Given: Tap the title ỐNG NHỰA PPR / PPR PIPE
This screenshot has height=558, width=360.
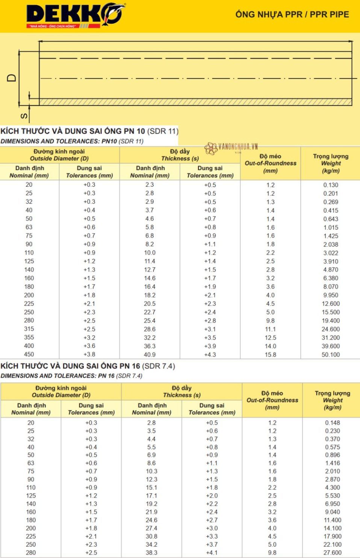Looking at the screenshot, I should click(x=292, y=14).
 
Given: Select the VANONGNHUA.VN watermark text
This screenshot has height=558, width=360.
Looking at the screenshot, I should click(x=238, y=147).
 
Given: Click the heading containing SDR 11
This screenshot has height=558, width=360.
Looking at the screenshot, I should click(x=89, y=131).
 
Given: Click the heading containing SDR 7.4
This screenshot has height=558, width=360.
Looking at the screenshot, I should click(x=88, y=366).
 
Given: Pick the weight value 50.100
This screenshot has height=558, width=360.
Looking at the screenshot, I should click(x=331, y=354).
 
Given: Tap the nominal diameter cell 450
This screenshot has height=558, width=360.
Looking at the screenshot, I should click(x=29, y=354).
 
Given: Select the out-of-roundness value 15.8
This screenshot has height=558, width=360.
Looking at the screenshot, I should click(x=270, y=354).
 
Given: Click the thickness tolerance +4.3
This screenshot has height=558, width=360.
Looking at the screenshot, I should click(x=210, y=354).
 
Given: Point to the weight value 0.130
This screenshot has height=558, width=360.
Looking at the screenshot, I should click(x=331, y=185).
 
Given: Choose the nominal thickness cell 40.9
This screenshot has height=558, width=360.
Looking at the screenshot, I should click(x=150, y=354).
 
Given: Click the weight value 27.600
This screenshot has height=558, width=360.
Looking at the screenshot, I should click(x=333, y=553).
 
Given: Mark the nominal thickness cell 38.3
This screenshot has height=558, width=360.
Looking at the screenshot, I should click(x=151, y=553).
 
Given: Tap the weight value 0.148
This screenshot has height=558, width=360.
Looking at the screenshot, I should click(x=333, y=423).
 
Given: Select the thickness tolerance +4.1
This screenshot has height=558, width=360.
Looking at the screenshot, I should click(x=212, y=553).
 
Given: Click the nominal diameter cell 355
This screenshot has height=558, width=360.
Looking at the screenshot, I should click(x=29, y=337).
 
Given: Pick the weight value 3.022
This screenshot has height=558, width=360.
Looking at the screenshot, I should click(x=331, y=253).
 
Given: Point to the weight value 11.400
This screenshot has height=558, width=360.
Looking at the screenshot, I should click(x=333, y=520).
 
